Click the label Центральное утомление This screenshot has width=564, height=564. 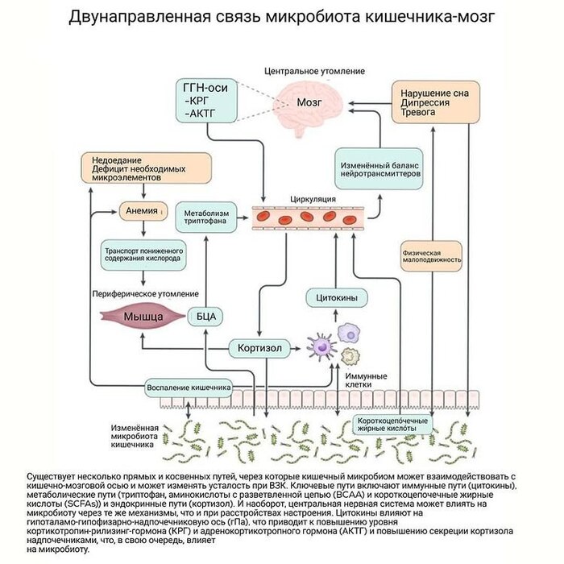click(x=315, y=73)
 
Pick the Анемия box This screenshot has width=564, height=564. click(x=142, y=211)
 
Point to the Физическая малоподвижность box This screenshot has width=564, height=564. click(x=432, y=255)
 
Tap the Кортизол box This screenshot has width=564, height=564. click(x=259, y=349)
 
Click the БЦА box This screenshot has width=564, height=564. click(x=205, y=317)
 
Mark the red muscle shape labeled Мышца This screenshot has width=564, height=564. click(x=143, y=317)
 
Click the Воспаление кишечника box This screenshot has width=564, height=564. click(x=190, y=388)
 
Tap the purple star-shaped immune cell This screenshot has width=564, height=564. click(x=321, y=347)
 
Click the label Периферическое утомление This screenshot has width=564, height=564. click(x=145, y=294)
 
